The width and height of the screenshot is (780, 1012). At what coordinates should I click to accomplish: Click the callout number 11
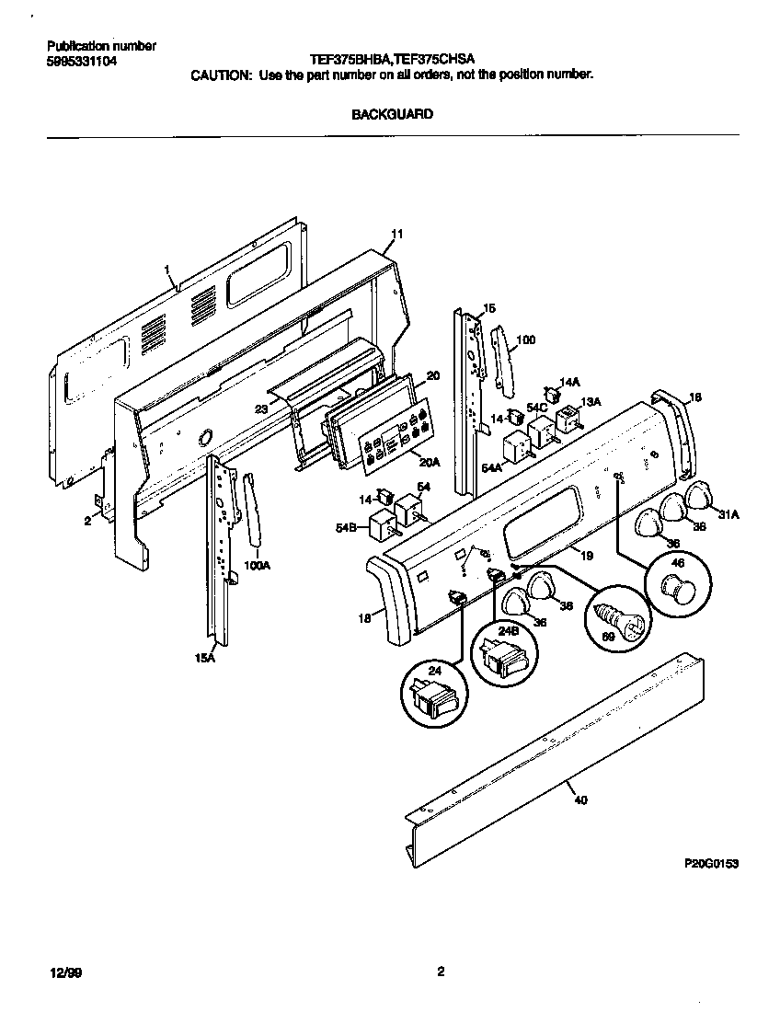coord(396,236)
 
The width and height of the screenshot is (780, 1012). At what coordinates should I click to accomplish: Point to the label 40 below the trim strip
coord(579,799)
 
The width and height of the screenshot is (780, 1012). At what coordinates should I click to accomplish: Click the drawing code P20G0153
coord(712,865)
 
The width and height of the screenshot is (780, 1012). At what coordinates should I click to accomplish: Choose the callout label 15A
coord(204,657)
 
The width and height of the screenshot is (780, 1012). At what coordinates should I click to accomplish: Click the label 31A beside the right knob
coord(728,514)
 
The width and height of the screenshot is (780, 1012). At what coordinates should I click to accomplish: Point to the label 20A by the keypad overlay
coord(429,462)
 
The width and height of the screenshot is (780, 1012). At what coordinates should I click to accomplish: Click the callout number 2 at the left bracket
coord(86,522)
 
